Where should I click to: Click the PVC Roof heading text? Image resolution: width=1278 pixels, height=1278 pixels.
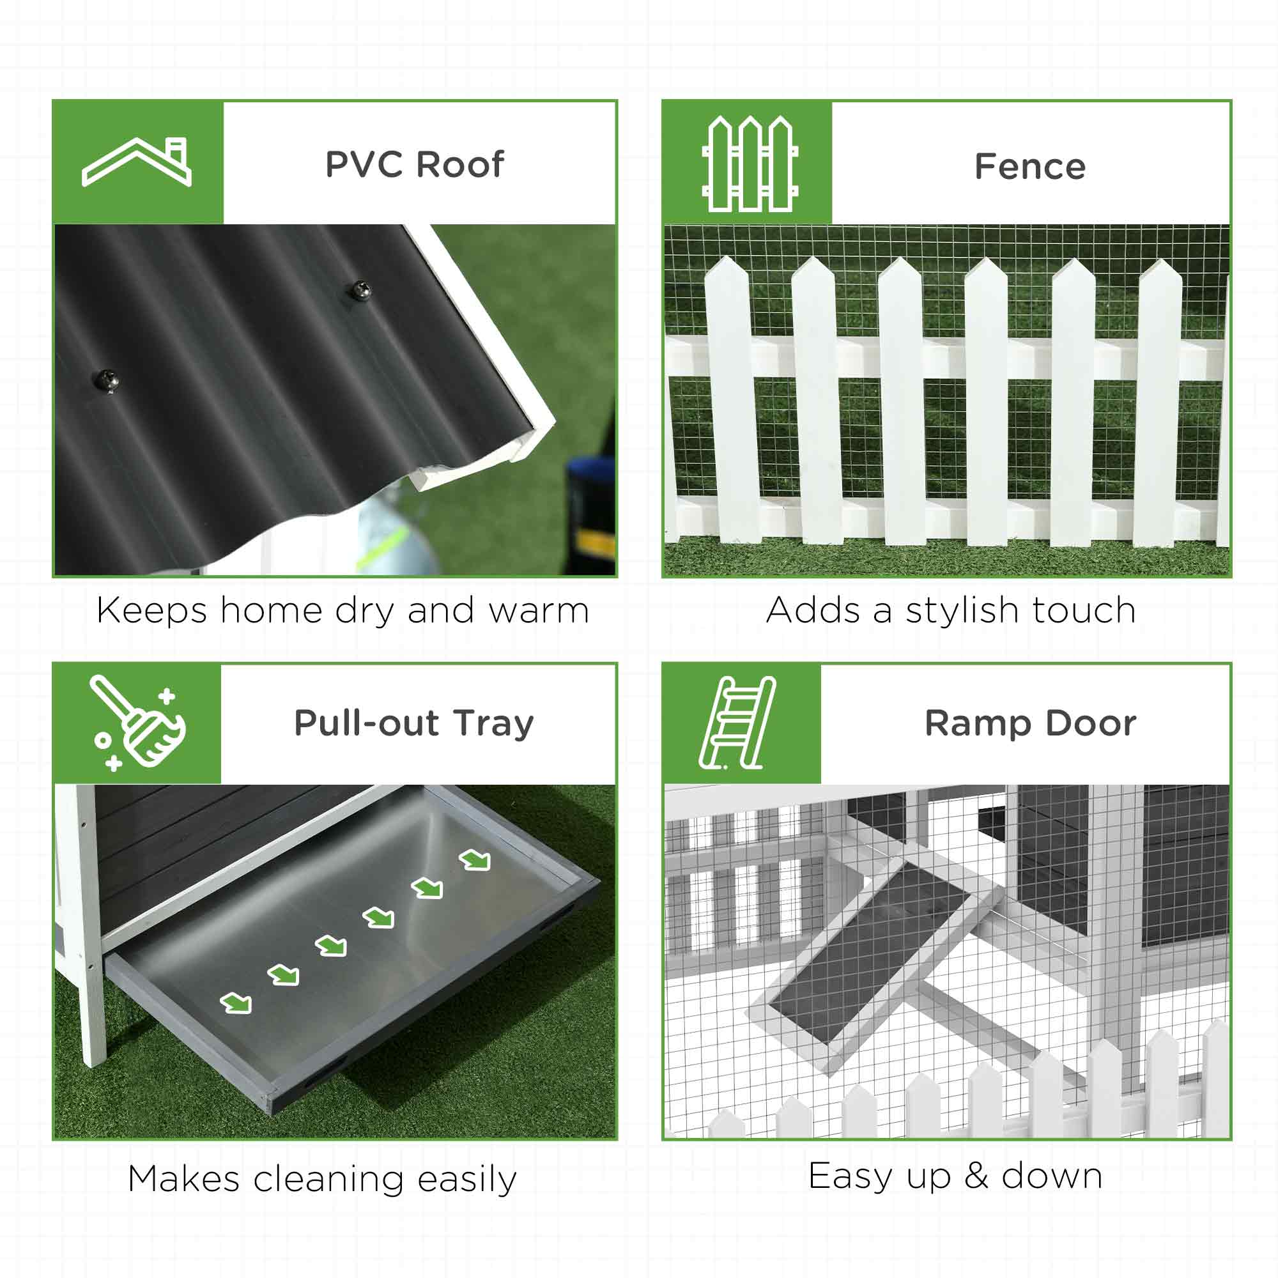pos(414,164)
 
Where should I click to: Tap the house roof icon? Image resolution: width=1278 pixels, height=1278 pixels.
pos(137,162)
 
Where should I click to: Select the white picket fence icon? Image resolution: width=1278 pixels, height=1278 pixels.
pos(750,164)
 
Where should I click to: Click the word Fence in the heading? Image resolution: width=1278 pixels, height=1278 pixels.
pos(1029,166)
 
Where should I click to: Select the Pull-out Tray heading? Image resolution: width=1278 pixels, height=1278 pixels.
pos(413,723)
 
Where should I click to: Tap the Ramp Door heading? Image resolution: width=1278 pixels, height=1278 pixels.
pos(1030,723)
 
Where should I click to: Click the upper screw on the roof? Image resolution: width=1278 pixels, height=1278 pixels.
pos(360,289)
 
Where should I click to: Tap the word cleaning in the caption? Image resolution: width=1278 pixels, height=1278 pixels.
pos(328,1180)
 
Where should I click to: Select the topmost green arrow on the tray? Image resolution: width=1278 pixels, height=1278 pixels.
pos(475,860)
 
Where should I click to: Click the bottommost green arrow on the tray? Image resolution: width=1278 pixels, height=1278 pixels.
pos(236,1003)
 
